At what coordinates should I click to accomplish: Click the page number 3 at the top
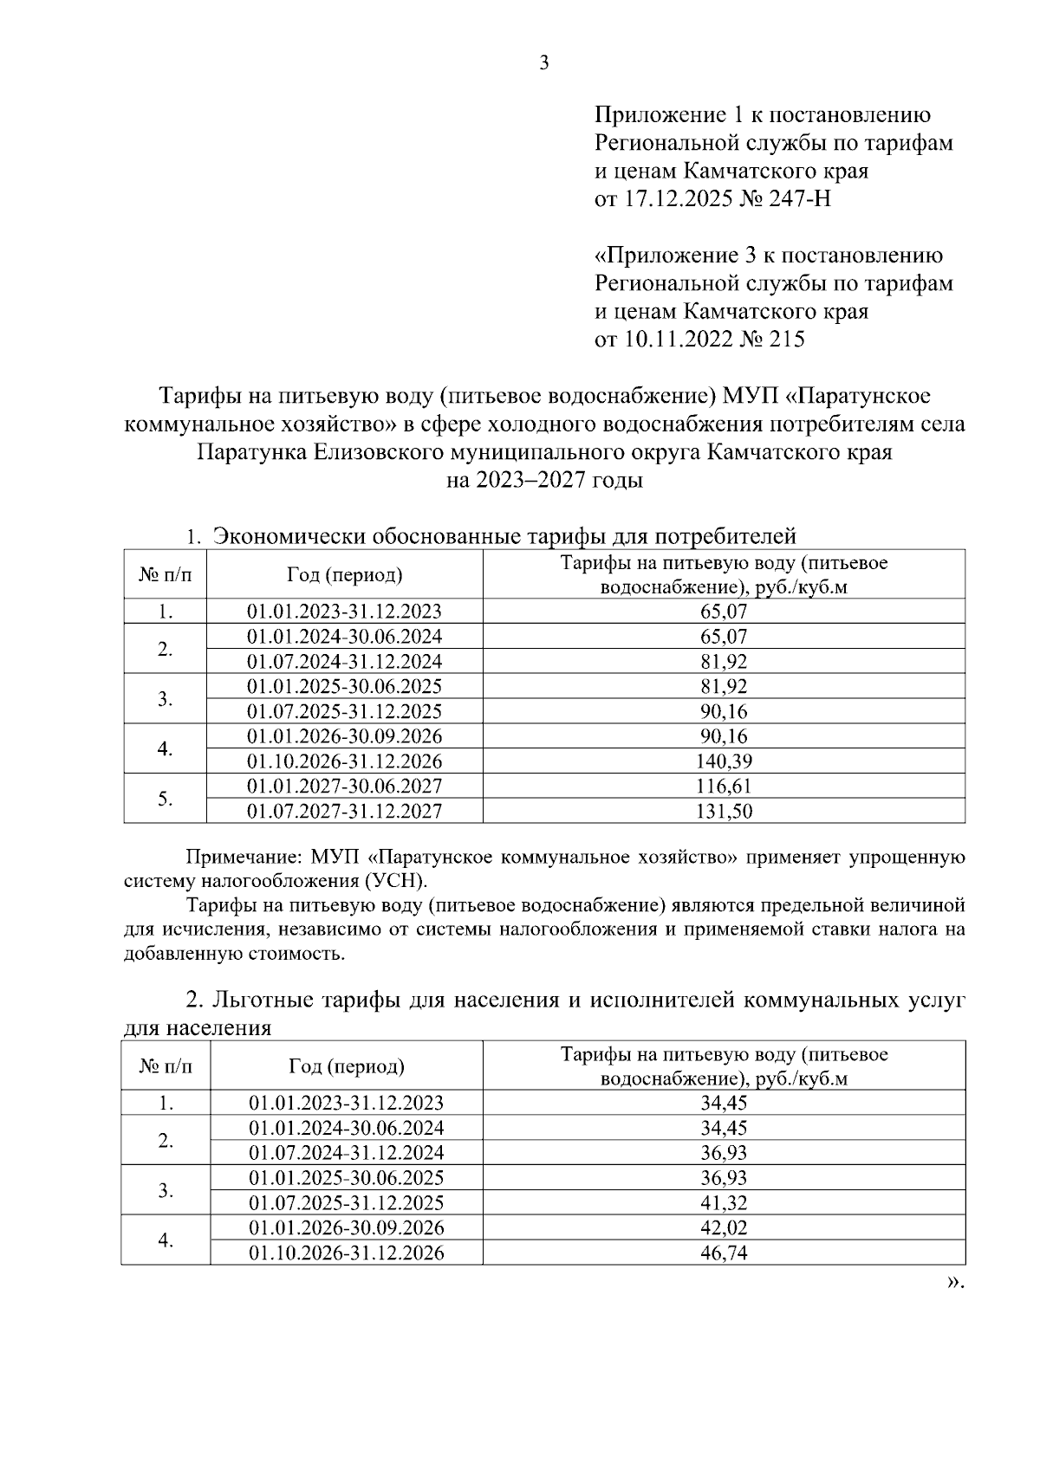point(543,63)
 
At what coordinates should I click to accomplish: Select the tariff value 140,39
point(724,762)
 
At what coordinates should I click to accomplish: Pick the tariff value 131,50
point(724,812)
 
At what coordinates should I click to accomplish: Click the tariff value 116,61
point(724,787)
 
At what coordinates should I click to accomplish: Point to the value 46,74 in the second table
point(724,1253)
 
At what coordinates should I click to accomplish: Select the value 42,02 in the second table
point(724,1228)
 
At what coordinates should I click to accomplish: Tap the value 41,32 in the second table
point(724,1203)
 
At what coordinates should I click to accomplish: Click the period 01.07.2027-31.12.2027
point(344,812)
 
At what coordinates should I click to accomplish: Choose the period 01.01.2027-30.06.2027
point(344,787)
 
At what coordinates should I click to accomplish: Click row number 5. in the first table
point(166,800)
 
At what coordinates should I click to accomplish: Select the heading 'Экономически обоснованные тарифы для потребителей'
point(504,536)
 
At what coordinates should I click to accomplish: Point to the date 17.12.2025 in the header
point(676,200)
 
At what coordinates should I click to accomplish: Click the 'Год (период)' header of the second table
point(346,1066)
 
